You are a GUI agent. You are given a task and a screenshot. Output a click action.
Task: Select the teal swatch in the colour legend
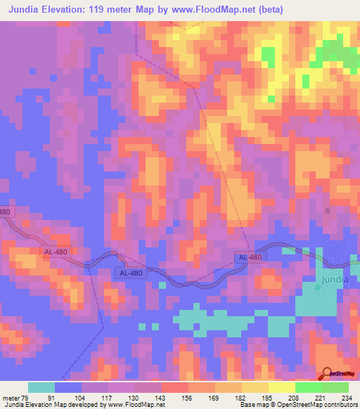pyautogui.click(x=41, y=387)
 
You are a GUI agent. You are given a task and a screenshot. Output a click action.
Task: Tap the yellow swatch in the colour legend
pyautogui.click(x=282, y=387)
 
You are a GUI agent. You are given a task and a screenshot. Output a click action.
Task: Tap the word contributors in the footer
pyautogui.click(x=337, y=404)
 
